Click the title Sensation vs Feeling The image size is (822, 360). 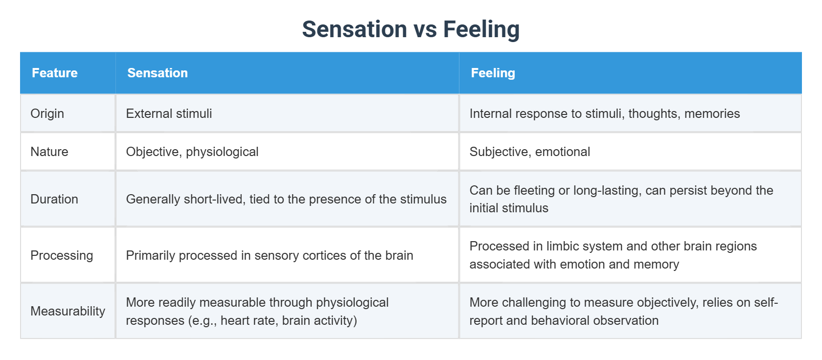(x=411, y=29)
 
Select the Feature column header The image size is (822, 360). (x=54, y=73)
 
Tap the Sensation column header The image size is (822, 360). (x=157, y=73)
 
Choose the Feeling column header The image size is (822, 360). (x=492, y=73)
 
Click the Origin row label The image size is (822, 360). (x=47, y=113)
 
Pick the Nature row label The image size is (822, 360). (x=49, y=152)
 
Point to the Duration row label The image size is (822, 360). (x=54, y=199)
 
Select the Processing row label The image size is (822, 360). (x=61, y=255)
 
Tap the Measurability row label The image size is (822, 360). (x=68, y=311)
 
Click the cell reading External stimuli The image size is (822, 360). (x=169, y=113)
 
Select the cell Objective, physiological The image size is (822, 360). (x=192, y=152)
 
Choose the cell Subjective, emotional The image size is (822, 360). (x=529, y=152)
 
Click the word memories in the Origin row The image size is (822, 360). (x=712, y=113)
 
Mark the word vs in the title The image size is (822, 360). (x=425, y=29)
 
